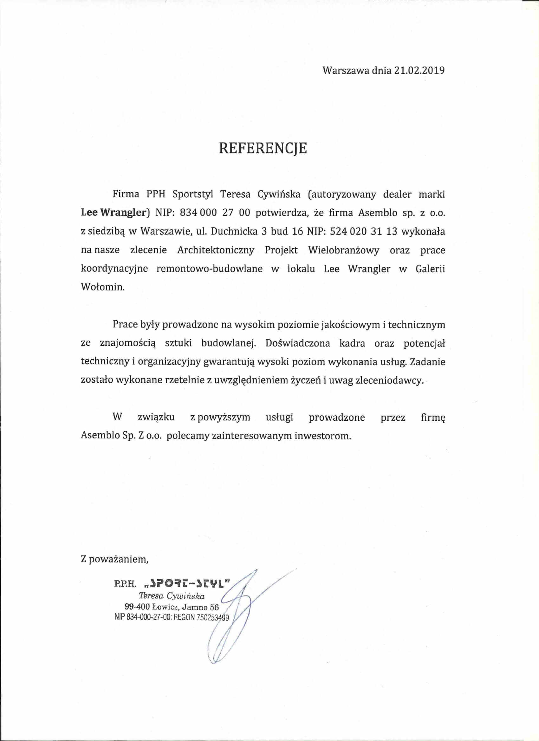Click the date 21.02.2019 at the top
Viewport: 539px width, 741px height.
(x=419, y=80)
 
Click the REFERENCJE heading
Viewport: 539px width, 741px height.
(x=263, y=148)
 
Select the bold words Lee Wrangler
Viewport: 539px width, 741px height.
(x=115, y=213)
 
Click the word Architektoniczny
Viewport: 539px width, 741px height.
(x=216, y=250)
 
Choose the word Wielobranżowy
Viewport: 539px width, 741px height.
(x=344, y=250)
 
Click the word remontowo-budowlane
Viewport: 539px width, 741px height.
(x=210, y=269)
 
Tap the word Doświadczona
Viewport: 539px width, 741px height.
(x=298, y=344)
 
